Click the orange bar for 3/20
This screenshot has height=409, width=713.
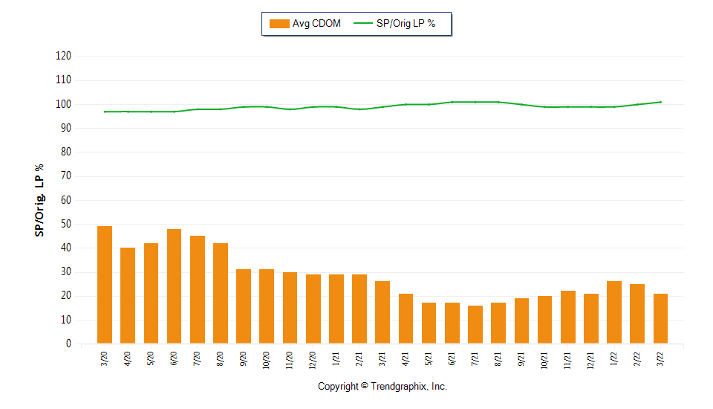(105, 285)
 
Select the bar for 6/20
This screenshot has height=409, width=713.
(174, 286)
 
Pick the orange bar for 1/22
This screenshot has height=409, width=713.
(614, 312)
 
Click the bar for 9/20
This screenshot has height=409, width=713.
(244, 306)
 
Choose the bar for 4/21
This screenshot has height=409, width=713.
(406, 318)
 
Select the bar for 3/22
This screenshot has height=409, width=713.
(660, 318)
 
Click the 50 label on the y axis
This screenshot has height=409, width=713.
(66, 224)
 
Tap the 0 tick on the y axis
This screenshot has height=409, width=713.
(68, 344)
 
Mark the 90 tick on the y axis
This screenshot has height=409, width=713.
(66, 128)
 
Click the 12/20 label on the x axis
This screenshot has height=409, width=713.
(313, 361)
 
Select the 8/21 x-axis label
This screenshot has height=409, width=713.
(498, 361)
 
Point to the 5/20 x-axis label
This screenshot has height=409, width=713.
(151, 361)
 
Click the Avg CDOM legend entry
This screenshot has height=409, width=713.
(305, 24)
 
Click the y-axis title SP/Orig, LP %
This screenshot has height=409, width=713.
(39, 200)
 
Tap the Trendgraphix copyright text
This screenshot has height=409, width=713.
(382, 387)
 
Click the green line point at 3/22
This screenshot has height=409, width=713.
(660, 102)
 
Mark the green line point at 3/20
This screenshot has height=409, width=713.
(105, 112)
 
